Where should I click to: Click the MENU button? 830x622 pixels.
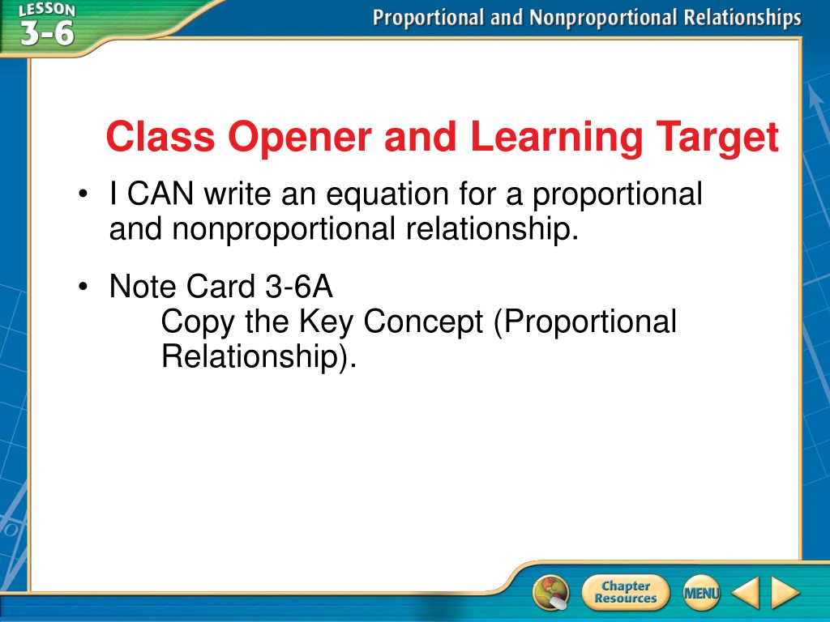701,593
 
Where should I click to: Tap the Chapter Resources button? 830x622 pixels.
626,592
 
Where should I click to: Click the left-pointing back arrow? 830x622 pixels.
746,592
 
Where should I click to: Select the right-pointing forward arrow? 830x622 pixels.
785,592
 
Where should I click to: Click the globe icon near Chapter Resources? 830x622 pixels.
551,593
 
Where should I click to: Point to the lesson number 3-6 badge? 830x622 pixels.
48,32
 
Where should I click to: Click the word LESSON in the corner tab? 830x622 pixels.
47,10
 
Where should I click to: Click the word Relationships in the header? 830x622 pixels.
742,18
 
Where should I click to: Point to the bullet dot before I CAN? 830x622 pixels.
83,194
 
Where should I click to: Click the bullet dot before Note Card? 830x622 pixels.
83,287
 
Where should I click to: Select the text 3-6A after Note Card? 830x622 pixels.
299,286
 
